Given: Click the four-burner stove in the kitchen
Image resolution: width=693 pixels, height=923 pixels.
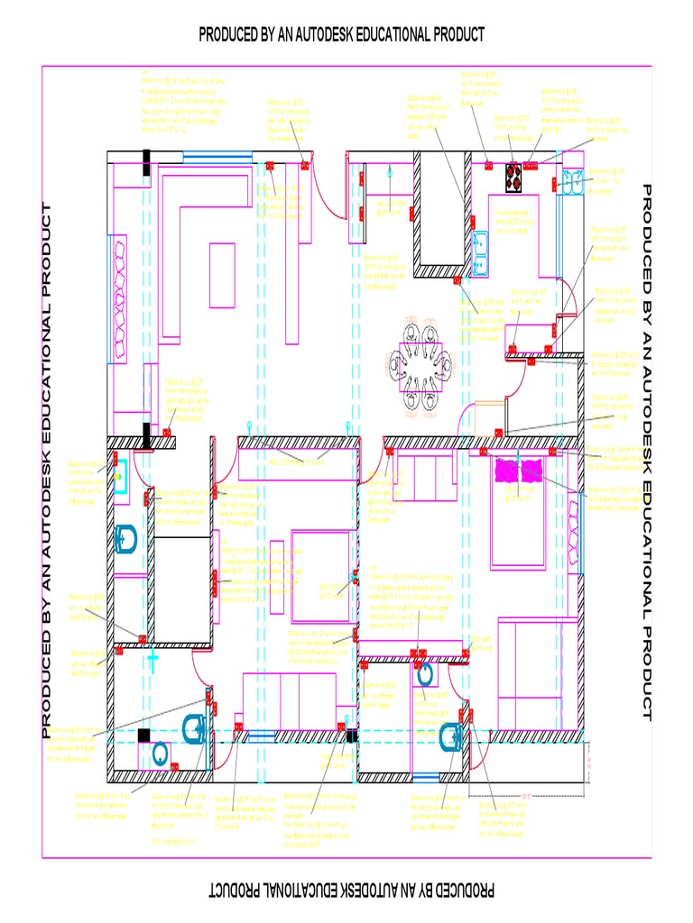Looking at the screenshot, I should [x=514, y=178].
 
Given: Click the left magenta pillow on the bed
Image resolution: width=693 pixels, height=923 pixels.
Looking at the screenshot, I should [x=506, y=470].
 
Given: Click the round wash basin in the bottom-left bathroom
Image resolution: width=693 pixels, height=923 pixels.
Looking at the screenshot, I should [x=160, y=753].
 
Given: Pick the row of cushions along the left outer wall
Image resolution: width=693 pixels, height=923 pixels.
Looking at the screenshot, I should [x=120, y=298].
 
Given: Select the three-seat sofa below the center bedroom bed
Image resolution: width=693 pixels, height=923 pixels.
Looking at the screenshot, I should [x=289, y=700].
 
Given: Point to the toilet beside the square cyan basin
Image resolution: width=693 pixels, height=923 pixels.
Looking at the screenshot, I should [x=126, y=539].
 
